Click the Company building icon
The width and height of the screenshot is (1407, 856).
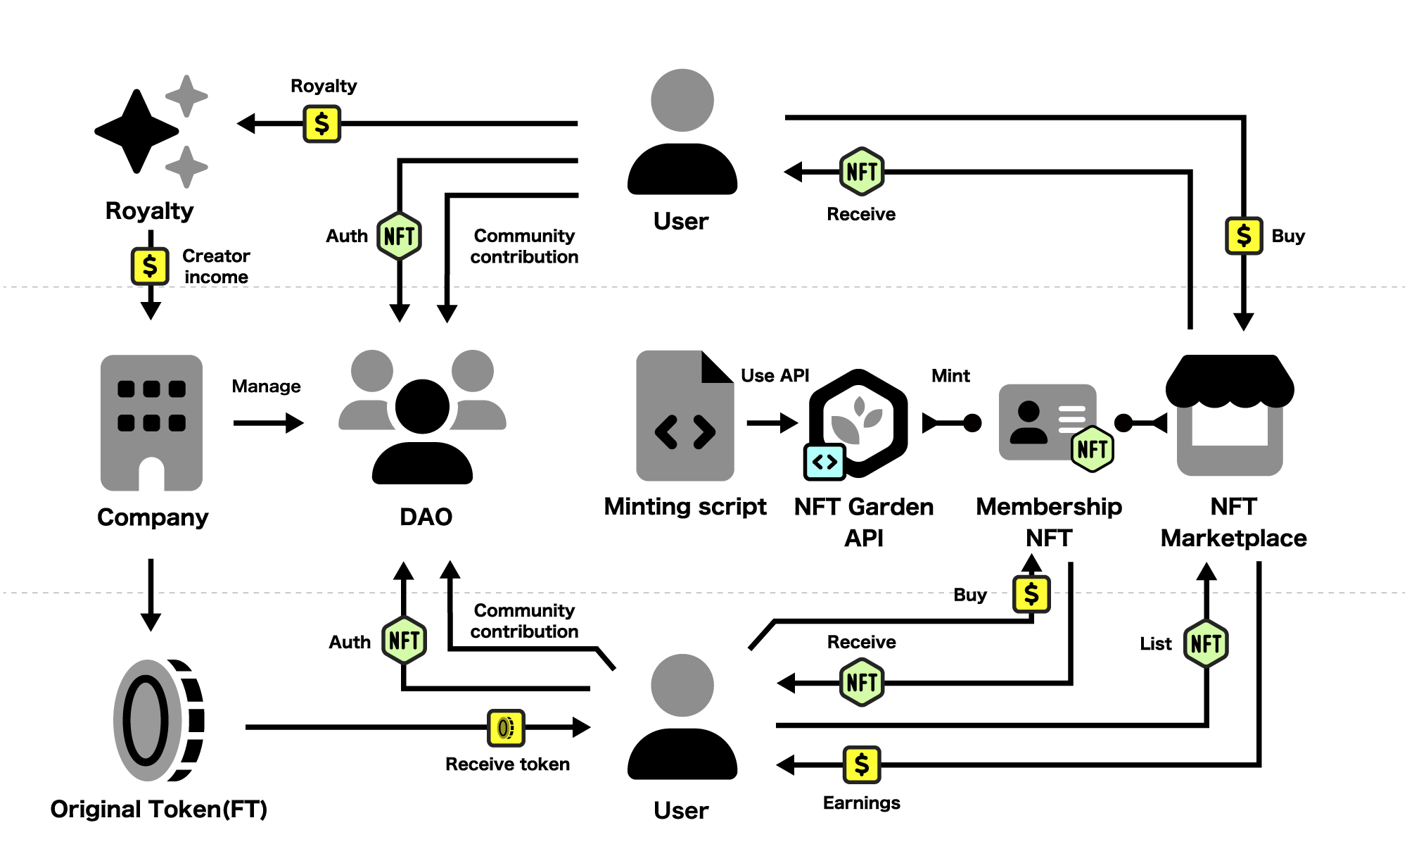tap(151, 422)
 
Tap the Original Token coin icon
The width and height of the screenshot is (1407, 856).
tap(158, 720)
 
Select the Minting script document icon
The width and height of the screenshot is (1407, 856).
tap(685, 416)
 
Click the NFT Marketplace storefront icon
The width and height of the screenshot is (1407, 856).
tap(1230, 415)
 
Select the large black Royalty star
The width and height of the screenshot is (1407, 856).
tap(136, 131)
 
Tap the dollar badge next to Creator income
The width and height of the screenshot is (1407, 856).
tap(150, 266)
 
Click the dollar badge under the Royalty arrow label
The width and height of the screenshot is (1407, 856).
tap(321, 124)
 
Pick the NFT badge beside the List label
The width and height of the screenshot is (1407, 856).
tap(1206, 643)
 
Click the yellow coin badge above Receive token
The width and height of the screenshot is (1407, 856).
tap(506, 727)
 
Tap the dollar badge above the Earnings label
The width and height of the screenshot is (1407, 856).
tap(862, 764)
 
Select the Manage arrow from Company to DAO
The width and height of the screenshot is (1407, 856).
tap(268, 423)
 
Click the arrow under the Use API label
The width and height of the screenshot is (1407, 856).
tap(772, 423)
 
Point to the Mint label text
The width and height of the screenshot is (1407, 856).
tap(950, 376)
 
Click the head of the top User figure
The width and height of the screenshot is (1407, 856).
tap(682, 100)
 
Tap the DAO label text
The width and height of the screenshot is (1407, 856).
tap(426, 517)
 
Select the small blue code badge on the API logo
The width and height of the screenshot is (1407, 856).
tap(825, 462)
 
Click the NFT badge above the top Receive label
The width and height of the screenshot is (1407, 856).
tap(862, 171)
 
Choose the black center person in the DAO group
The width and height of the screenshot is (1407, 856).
tap(422, 429)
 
